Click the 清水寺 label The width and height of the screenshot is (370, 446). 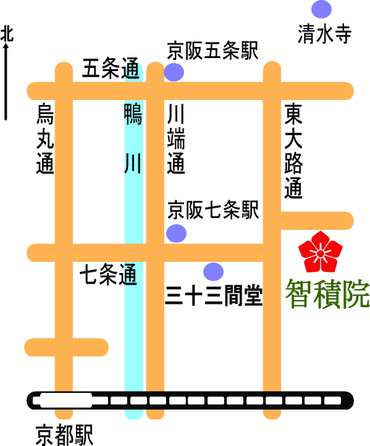324,34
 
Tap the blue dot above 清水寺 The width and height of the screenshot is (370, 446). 321,9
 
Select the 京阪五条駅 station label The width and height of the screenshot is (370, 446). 212,51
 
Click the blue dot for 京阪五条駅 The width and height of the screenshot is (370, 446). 174,72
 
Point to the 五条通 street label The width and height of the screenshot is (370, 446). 111,68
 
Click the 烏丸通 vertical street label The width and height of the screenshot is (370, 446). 45,138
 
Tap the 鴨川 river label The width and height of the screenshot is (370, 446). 133,139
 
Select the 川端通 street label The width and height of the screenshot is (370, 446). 176,139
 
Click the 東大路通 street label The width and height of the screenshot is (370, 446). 293,151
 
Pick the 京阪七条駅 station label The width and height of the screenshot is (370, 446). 213,210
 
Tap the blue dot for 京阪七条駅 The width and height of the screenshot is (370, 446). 176,234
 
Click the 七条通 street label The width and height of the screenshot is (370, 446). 109,274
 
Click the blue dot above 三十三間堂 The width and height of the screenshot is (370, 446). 213,272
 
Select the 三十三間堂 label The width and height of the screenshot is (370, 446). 214,296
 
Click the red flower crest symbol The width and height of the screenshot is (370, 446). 320,252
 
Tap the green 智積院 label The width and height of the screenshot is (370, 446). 327,294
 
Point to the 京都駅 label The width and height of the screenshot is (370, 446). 65,435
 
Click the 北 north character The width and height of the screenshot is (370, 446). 7,34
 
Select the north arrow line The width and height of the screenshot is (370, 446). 6,81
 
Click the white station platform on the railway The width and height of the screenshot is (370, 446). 66,400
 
